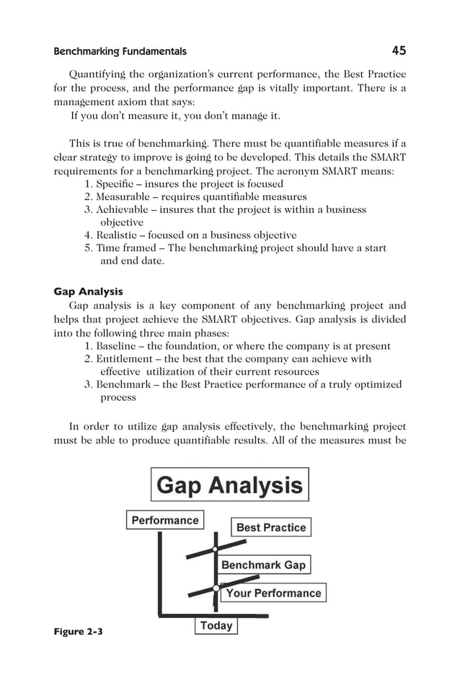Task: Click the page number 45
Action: click(399, 51)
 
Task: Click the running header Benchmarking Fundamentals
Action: click(120, 51)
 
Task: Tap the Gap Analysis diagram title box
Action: click(229, 484)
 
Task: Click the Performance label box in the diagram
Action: click(165, 520)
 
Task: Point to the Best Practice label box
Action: click(271, 527)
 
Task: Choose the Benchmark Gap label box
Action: click(263, 565)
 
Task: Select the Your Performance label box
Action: click(273, 593)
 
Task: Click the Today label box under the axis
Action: click(216, 625)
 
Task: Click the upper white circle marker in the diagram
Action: click(215, 549)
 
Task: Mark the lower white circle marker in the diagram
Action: click(216, 588)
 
